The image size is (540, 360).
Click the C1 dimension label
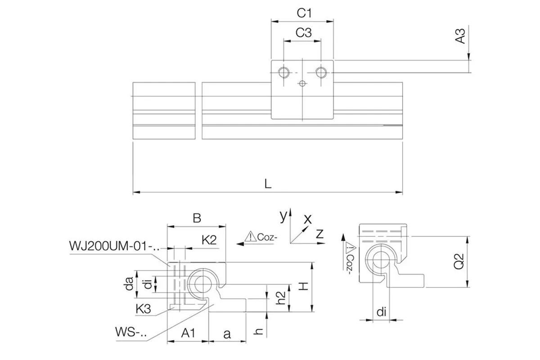click(x=304, y=13)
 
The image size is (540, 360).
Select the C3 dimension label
click(x=303, y=32)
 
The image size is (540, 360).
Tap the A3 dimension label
click(x=460, y=36)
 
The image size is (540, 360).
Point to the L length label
click(x=268, y=184)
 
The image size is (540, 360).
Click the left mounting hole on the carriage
click(x=284, y=72)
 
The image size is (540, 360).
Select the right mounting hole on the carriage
click(x=321, y=72)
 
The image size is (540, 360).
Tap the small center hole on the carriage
click(x=302, y=83)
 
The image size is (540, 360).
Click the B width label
click(x=197, y=218)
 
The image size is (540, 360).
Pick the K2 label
click(x=209, y=240)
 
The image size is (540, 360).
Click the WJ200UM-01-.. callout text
click(x=114, y=246)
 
